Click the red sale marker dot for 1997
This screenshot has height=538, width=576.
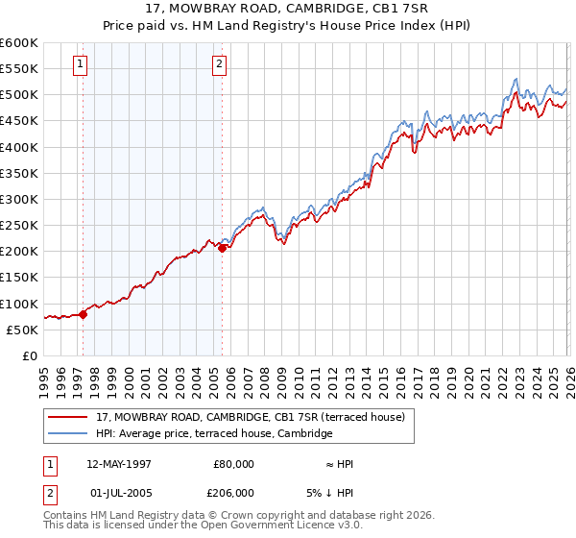pyautogui.click(x=83, y=313)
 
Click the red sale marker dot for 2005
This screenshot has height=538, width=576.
pyautogui.click(x=222, y=248)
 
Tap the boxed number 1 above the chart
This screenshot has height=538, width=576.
pyautogui.click(x=80, y=64)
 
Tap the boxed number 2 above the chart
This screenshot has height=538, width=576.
pyautogui.click(x=219, y=64)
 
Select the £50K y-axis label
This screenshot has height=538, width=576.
pyautogui.click(x=22, y=330)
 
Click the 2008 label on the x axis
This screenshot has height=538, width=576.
pyautogui.click(x=263, y=376)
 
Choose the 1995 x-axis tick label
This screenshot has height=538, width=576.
pyautogui.click(x=44, y=376)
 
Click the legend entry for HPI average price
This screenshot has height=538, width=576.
pyautogui.click(x=214, y=434)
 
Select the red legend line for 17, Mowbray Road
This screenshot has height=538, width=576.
pyautogui.click(x=70, y=417)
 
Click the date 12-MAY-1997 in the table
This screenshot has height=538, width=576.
pyautogui.click(x=119, y=464)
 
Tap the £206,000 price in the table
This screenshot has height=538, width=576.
pyautogui.click(x=234, y=493)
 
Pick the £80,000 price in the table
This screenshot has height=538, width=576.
pyautogui.click(x=234, y=464)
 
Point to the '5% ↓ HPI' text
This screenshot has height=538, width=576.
pyautogui.click(x=330, y=493)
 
